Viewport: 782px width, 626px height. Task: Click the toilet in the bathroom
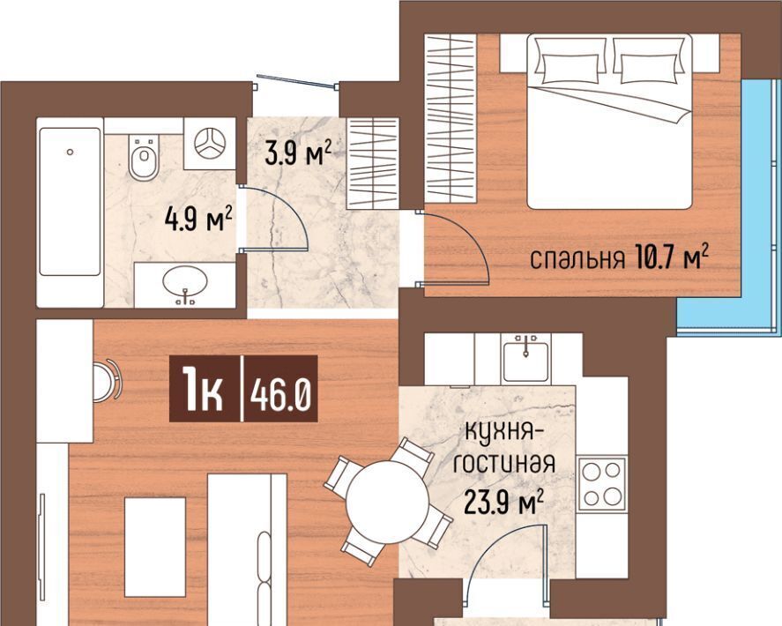tap(144, 157)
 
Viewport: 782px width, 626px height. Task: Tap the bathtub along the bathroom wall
tap(70, 202)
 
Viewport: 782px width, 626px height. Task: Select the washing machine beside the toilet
tap(210, 144)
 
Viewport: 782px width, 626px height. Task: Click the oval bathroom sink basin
tap(184, 283)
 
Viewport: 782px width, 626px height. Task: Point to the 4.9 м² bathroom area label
tap(199, 220)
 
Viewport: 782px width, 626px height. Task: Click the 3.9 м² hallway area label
tap(298, 152)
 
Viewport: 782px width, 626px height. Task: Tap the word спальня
tap(577, 259)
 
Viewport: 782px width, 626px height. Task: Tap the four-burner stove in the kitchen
tap(602, 483)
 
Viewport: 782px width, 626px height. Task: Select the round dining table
tap(388, 503)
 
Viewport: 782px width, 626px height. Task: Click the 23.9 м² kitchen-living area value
tap(503, 502)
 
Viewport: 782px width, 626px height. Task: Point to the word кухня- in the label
tap(504, 432)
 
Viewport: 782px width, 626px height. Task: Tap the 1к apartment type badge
tap(203, 394)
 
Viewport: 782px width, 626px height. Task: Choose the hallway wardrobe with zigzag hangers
tap(373, 163)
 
